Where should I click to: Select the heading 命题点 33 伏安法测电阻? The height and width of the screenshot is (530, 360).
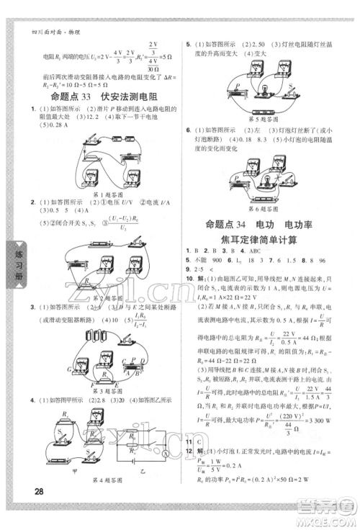pos(95,96)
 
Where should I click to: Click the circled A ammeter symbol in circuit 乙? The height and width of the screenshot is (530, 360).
pos(164,454)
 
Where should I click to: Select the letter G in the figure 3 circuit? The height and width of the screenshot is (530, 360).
pos(50,369)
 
